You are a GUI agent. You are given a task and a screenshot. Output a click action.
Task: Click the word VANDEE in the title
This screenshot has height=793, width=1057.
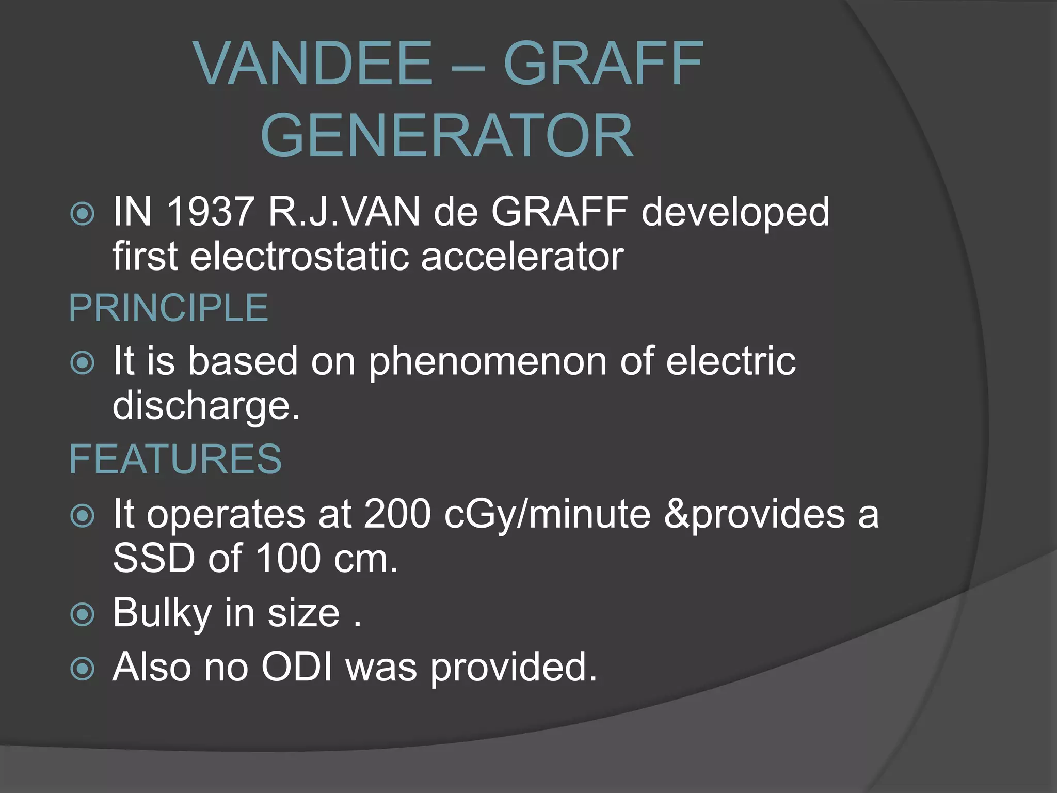tap(313, 64)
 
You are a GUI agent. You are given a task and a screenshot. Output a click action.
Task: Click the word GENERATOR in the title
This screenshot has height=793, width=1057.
tap(447, 136)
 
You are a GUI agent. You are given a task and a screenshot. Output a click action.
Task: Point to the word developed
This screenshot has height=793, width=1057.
tap(735, 213)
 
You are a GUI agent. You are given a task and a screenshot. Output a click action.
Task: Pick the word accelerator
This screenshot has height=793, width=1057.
tap(522, 257)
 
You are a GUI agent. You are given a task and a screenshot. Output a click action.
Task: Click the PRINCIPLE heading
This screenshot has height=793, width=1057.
tap(168, 308)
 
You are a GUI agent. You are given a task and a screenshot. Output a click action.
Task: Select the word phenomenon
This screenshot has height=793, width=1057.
tap(487, 361)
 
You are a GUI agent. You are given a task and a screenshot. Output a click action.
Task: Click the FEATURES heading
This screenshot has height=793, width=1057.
tap(175, 459)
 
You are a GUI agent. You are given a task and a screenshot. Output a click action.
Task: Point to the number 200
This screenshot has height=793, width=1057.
tap(397, 514)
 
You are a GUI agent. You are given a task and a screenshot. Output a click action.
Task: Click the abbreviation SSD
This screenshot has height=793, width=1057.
tap(154, 559)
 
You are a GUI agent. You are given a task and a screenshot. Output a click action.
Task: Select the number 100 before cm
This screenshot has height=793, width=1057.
tap(288, 559)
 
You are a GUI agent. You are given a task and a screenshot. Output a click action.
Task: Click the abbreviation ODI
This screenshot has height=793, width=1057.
tap(297, 667)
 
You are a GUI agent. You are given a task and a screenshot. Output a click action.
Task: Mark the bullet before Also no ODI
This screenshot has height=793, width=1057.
tap(83, 669)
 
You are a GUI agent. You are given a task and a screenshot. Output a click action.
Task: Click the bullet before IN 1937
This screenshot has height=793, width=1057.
tap(83, 214)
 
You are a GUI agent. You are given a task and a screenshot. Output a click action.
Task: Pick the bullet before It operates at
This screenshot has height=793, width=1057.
tap(83, 516)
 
